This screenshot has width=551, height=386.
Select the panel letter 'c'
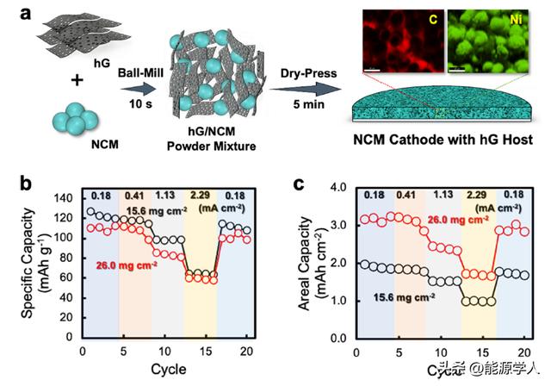click(298, 183)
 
